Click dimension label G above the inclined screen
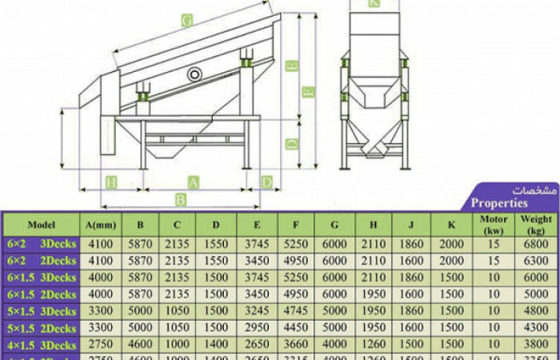186,22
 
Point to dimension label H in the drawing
111,182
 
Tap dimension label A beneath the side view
193,182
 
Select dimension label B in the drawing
181,199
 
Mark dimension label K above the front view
374,3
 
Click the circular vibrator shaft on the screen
194,74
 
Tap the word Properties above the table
498,203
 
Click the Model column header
41,224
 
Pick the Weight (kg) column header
536,224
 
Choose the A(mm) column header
101,224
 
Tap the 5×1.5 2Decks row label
41,328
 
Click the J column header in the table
412,224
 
